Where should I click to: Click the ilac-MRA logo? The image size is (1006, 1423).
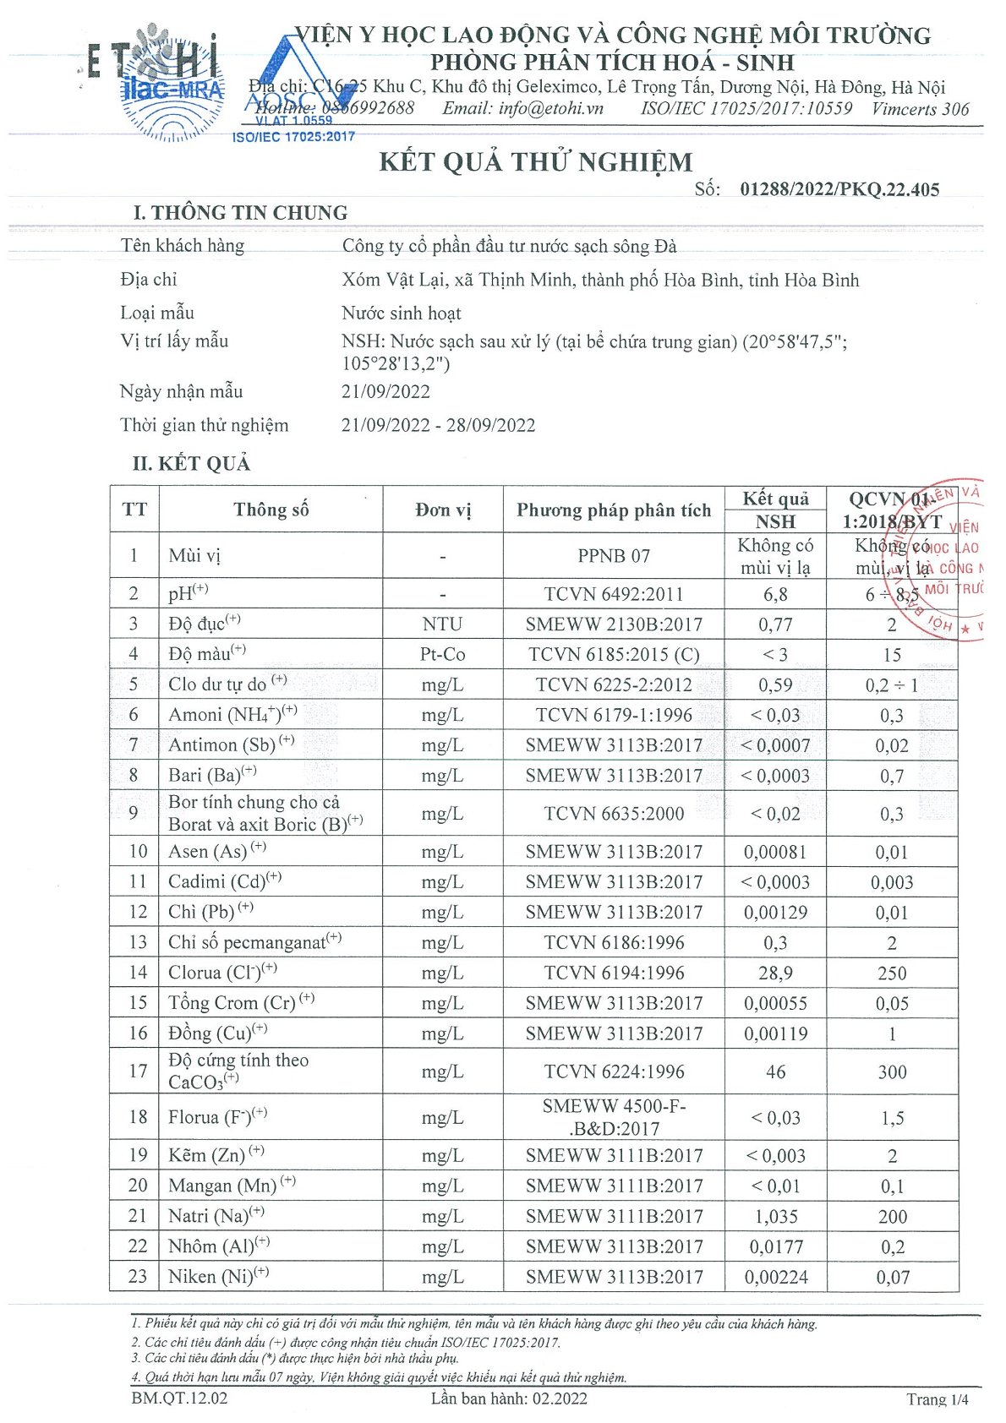pos(172,89)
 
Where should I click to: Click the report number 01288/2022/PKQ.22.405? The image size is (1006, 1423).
pos(839,189)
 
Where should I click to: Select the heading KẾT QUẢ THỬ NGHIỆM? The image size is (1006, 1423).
pos(535,161)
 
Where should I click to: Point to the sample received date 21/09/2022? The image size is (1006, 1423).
pos(385,392)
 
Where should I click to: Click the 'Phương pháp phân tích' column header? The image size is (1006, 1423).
pos(614,510)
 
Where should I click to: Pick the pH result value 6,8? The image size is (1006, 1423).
pos(775,594)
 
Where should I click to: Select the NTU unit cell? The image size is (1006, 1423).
pos(442,624)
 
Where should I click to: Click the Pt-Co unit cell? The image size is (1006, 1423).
pos(442,655)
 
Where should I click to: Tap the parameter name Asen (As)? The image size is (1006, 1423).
pos(208,852)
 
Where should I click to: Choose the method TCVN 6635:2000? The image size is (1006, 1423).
pos(614,814)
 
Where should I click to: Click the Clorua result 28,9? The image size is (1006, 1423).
pos(775,973)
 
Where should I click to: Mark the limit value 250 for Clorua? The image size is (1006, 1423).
pos(892,973)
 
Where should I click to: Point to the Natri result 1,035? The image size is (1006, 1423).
pos(775,1217)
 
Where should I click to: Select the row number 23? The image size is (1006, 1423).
pos(137,1276)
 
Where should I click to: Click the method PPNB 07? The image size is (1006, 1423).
pos(614,556)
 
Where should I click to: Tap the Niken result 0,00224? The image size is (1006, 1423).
pos(775,1278)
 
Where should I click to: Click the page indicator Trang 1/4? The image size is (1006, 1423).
pos(938,1399)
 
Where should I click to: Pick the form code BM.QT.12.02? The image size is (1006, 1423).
pos(179,1398)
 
